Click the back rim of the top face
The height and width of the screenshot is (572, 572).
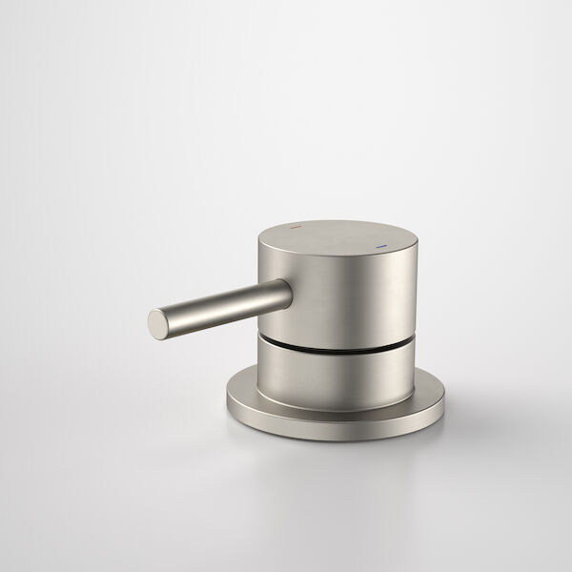tap(334, 216)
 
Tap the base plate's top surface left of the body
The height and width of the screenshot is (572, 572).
tap(242, 390)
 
